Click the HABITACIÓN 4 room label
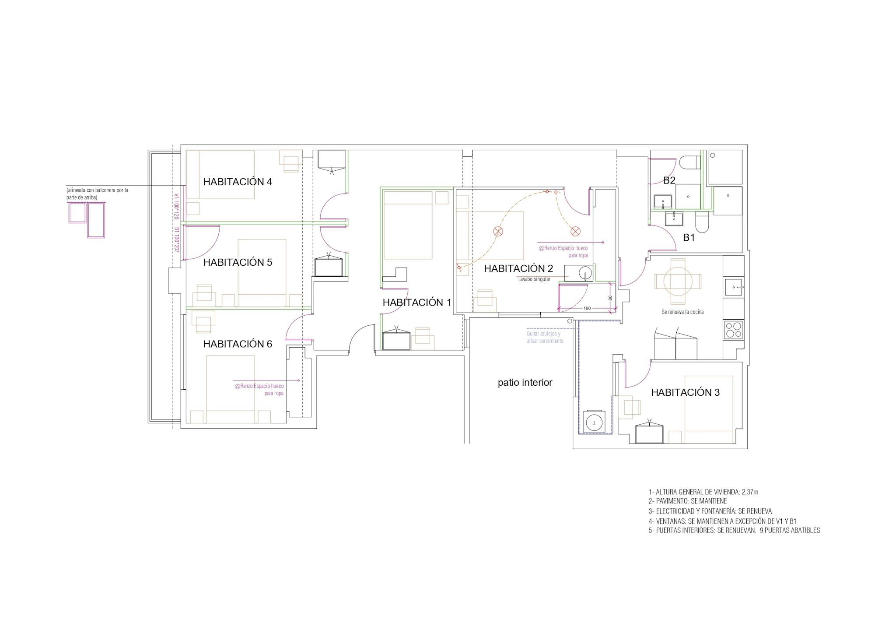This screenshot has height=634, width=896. pos(238,182)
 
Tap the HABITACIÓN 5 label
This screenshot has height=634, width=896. pos(238,262)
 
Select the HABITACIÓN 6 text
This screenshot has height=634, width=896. pos(238,344)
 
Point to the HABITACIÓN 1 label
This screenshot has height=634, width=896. pos(417,302)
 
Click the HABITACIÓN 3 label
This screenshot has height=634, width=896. pos(685,392)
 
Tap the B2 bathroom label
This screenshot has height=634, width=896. pos(669,180)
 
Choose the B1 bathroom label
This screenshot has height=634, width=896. pos(689,237)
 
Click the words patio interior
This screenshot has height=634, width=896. pos(525,383)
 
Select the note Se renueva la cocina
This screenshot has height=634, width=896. pos(682,312)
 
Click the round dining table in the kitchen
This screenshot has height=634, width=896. pos(677,281)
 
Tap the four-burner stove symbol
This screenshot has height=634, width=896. pos(734,329)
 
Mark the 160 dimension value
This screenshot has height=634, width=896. pos(587,308)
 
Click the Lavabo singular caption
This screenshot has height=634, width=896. pos(534,279)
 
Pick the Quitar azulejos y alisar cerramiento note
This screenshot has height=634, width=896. pos(545,337)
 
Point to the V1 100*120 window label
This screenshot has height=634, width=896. pos(177,207)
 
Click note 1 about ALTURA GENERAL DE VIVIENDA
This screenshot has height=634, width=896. pos(703,492)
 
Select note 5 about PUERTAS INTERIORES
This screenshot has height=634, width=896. pos(734,530)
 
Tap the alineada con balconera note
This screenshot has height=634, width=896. pos(97,194)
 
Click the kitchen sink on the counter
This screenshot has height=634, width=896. pos(734,288)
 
